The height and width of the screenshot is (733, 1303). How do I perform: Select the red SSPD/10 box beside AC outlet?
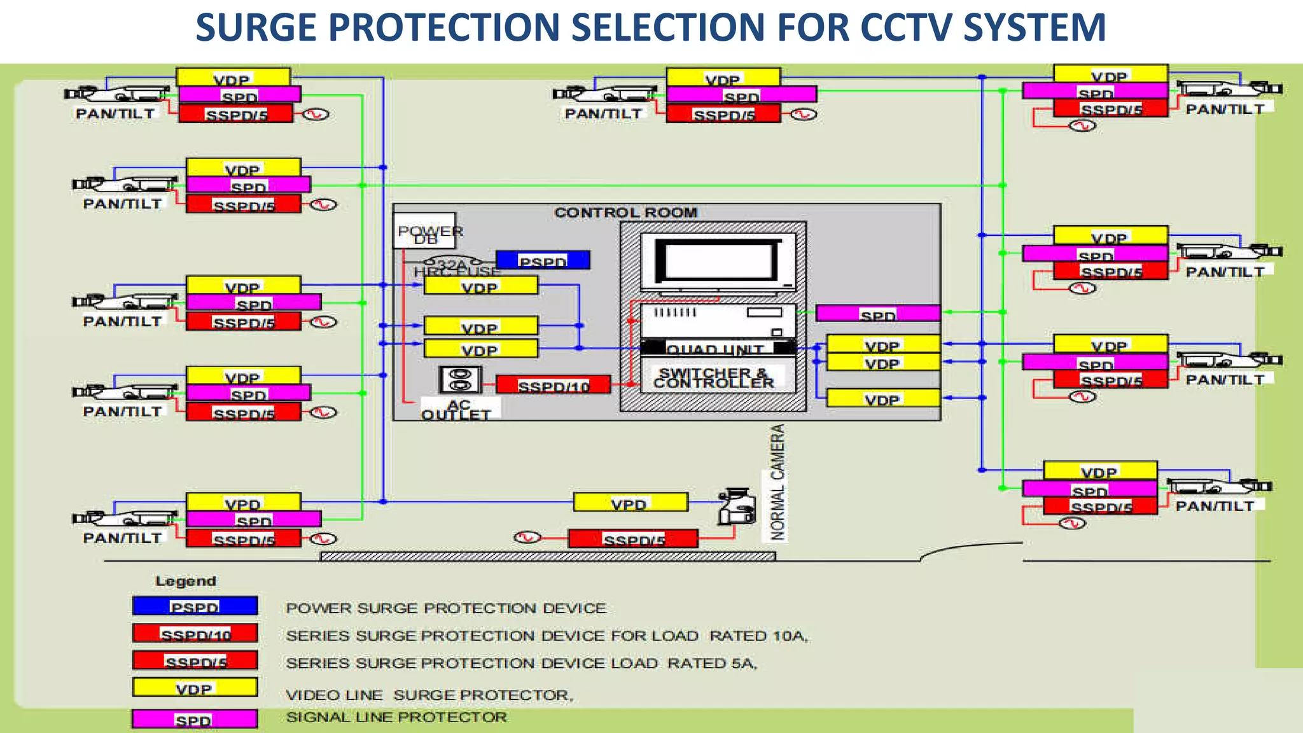pyautogui.click(x=553, y=385)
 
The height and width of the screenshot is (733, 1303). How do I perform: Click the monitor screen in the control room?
pyautogui.click(x=717, y=261)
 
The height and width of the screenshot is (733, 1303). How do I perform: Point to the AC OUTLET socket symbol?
pyautogui.click(x=459, y=380)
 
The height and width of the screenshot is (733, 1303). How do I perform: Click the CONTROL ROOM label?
pyautogui.click(x=625, y=213)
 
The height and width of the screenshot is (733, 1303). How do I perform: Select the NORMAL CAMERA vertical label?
pyautogui.click(x=777, y=482)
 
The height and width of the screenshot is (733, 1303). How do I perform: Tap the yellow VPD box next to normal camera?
pyautogui.click(x=630, y=503)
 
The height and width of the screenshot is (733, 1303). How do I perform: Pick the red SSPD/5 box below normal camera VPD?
pyautogui.click(x=633, y=540)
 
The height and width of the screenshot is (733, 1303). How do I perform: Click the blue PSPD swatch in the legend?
pyautogui.click(x=195, y=606)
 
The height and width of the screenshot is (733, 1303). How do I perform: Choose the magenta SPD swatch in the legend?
pyautogui.click(x=195, y=720)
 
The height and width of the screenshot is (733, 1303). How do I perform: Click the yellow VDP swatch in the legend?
pyautogui.click(x=195, y=688)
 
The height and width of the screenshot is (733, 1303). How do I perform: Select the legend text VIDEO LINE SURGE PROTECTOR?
pyautogui.click(x=429, y=695)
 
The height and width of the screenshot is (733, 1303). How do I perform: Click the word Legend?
pyautogui.click(x=186, y=581)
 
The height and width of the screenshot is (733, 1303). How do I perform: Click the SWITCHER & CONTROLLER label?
pyautogui.click(x=714, y=378)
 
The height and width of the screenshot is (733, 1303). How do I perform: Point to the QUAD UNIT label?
pyautogui.click(x=714, y=349)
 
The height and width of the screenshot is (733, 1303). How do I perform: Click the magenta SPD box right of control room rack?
pyautogui.click(x=877, y=314)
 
